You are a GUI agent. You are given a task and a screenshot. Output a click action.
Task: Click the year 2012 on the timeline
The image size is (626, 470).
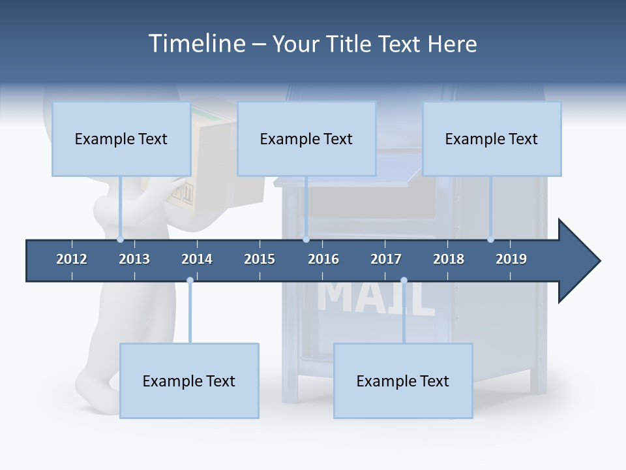click(72, 259)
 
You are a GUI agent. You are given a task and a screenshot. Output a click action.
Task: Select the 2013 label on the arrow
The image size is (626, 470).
click(134, 259)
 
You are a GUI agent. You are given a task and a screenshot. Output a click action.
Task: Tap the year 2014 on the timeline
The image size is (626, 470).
click(197, 259)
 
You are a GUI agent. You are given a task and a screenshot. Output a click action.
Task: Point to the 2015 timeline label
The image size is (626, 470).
click(260, 259)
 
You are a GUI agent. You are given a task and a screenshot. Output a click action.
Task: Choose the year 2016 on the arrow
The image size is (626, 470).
click(323, 259)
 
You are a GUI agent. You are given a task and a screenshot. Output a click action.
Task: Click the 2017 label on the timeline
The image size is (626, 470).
click(386, 259)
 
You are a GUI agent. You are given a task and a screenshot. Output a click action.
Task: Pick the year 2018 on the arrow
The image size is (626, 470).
click(449, 259)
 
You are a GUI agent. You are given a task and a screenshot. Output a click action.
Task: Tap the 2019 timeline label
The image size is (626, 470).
click(511, 259)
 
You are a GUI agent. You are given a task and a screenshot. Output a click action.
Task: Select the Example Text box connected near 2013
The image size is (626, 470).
click(121, 138)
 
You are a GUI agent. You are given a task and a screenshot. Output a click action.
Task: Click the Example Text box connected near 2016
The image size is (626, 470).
click(306, 138)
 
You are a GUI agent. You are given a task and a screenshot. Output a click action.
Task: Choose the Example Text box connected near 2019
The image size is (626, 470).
click(492, 138)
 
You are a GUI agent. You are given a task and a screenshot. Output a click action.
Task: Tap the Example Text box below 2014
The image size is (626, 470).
click(189, 381)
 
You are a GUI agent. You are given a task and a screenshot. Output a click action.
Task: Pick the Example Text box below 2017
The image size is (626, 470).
click(403, 381)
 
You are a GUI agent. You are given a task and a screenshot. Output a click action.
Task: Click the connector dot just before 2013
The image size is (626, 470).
click(120, 240)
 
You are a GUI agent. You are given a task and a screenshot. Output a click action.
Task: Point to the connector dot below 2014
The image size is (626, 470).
click(190, 281)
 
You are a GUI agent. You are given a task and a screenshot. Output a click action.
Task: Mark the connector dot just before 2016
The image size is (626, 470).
click(306, 240)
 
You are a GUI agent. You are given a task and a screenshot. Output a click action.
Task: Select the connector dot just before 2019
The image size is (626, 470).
click(490, 240)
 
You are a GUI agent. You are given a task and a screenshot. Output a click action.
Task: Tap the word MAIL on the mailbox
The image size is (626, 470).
click(377, 298)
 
